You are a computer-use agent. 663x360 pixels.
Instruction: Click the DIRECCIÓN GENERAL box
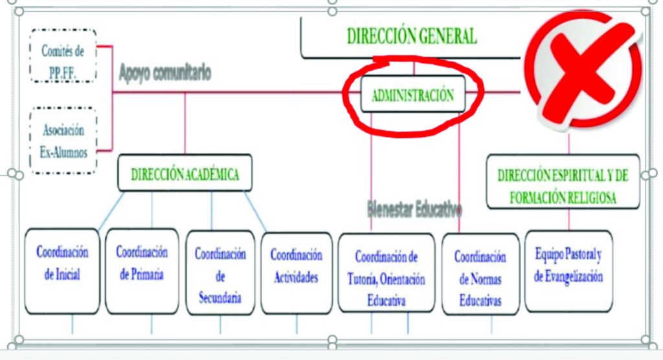coord(412,36)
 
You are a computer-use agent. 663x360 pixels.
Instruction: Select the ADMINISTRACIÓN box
coord(412,95)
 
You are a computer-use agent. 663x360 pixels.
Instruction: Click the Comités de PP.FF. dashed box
coord(63,56)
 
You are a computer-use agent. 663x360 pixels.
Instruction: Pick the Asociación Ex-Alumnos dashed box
coord(63,141)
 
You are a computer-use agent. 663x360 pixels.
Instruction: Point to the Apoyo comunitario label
coord(164,73)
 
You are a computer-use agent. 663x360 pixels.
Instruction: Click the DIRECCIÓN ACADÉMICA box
coord(185,174)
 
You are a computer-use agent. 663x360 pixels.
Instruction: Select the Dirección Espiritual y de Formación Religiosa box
coord(562,185)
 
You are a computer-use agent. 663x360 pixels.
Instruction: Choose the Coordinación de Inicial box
coord(62,271)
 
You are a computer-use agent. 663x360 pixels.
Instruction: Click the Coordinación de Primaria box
coord(142,271)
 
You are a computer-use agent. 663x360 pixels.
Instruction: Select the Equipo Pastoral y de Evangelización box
coord(568,271)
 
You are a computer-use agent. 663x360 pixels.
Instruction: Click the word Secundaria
coord(220,298)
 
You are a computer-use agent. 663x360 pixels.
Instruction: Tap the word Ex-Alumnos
coord(63,153)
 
